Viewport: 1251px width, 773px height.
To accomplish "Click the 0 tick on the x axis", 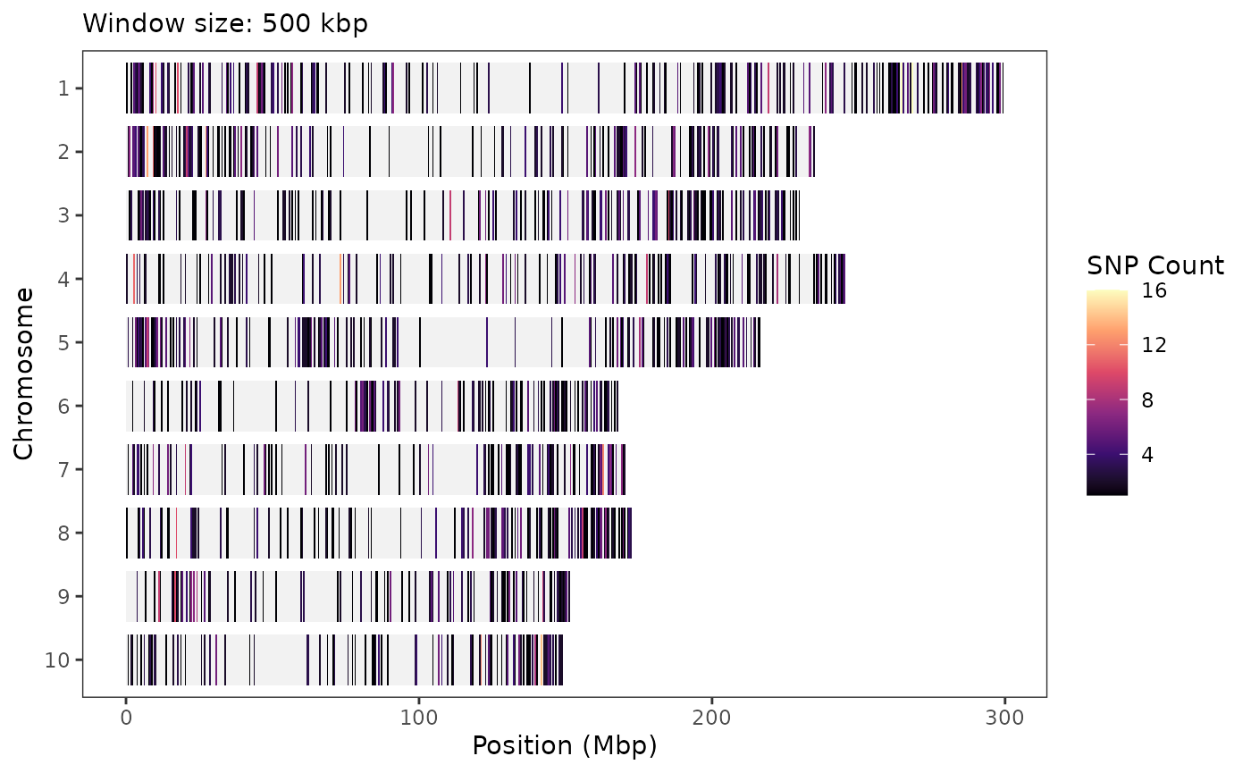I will pyautogui.click(x=126, y=718).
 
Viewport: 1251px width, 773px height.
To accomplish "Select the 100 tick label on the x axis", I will pyautogui.click(x=418, y=718).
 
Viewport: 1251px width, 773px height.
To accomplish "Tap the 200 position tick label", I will pyautogui.click(x=711, y=718).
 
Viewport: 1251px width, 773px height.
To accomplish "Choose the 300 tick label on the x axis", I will pyautogui.click(x=1003, y=718).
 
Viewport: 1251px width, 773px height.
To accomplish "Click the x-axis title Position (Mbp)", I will pyautogui.click(x=564, y=745).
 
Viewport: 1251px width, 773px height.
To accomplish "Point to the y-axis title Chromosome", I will pyautogui.click(x=24, y=374).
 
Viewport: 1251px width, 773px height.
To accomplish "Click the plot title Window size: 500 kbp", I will pyautogui.click(x=224, y=24).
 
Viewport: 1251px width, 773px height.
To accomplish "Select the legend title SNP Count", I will pyautogui.click(x=1154, y=265).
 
